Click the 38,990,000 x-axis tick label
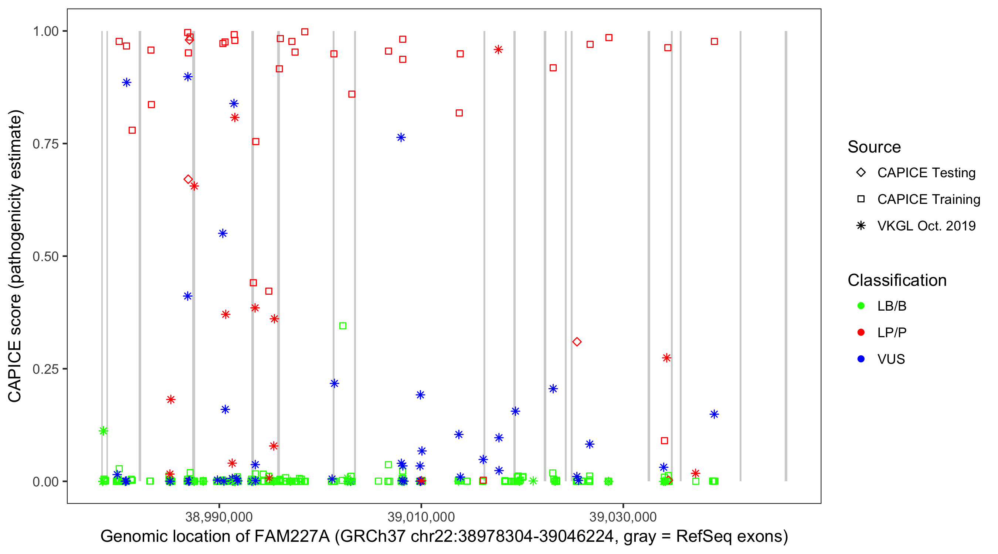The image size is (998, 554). (x=219, y=517)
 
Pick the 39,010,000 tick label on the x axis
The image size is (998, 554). (x=421, y=517)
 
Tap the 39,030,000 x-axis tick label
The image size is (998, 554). (x=623, y=517)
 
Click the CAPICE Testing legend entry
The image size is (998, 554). (x=926, y=173)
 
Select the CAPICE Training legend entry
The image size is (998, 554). (x=928, y=199)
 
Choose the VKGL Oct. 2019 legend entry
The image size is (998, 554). (x=926, y=226)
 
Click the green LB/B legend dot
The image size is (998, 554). (x=861, y=306)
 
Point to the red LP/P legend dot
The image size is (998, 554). (x=861, y=332)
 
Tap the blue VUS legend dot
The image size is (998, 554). (x=861, y=359)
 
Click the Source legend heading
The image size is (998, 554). (x=874, y=147)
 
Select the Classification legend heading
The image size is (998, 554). (x=897, y=280)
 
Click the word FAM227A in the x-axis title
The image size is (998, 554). (x=291, y=537)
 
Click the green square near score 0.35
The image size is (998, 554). (x=343, y=326)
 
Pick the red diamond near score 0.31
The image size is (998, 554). (x=577, y=342)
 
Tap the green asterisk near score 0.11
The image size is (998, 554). (x=103, y=431)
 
